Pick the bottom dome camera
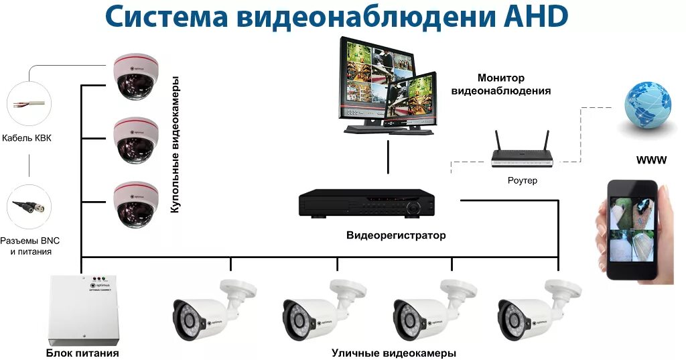pyautogui.click(x=136, y=204)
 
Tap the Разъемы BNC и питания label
pyautogui.click(x=31, y=246)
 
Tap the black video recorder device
pyautogui.click(x=366, y=202)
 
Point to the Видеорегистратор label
pyautogui.click(x=395, y=235)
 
